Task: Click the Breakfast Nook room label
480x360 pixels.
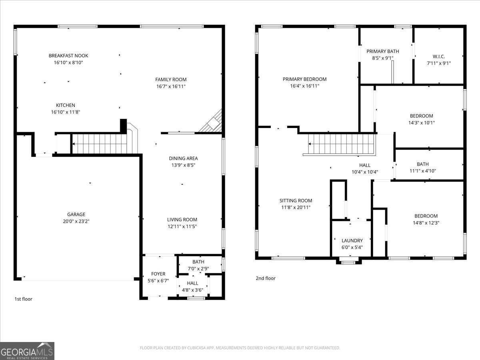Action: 68,56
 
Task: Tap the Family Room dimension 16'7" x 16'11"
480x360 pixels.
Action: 171,86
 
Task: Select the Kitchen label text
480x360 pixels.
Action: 65,105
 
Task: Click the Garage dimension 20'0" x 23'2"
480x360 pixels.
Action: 76,221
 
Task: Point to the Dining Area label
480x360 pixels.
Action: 183,158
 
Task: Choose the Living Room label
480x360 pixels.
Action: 182,220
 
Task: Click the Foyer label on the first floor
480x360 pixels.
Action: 158,274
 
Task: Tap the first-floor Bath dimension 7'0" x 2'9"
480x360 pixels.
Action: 198,269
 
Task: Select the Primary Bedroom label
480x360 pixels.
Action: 304,79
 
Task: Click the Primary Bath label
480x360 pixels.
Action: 383,51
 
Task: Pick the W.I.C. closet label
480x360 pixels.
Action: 438,56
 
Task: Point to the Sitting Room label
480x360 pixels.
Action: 296,201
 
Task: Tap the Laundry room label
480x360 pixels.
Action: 352,240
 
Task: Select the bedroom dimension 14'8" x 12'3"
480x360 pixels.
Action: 426,223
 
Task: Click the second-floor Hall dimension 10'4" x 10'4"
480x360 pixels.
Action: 364,172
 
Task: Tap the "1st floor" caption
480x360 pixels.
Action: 23,299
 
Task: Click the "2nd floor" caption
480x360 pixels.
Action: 266,278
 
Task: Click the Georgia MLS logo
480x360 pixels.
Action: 27,351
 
